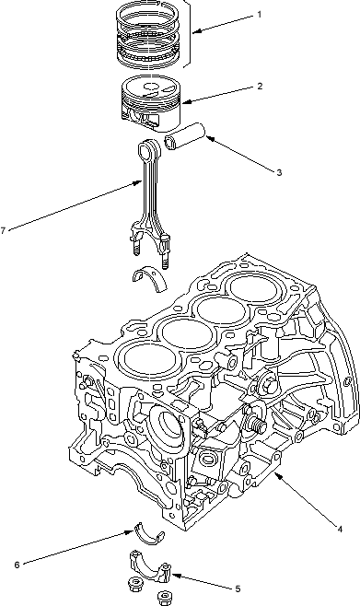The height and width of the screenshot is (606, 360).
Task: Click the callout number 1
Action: [x=260, y=15]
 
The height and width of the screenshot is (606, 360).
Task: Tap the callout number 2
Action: [x=260, y=87]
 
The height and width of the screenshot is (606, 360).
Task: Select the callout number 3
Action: [x=279, y=173]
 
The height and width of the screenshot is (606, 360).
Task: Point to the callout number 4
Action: [x=340, y=530]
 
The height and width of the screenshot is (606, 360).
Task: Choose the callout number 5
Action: [x=238, y=589]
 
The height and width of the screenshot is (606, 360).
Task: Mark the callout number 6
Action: [x=17, y=565]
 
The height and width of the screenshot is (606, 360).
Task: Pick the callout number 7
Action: [x=3, y=231]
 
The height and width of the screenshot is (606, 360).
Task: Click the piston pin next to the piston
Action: [x=184, y=136]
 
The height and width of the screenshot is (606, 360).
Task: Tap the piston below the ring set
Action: [x=151, y=102]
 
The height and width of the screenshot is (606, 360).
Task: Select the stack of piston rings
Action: [x=149, y=35]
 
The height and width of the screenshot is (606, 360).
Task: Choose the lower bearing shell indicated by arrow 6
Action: [x=149, y=535]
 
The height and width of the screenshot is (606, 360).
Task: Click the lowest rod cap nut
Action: [x=165, y=598]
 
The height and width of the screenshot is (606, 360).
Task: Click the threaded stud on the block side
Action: [x=258, y=424]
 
